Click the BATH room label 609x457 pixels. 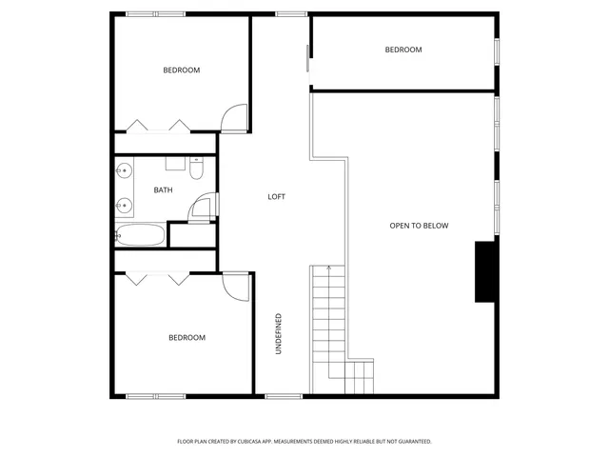(x=164, y=190)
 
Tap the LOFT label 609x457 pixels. (x=276, y=197)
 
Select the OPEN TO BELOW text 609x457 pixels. (x=419, y=226)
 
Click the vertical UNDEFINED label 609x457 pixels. (x=279, y=334)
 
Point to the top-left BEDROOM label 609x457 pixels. (x=181, y=70)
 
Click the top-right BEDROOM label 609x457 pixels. (x=403, y=50)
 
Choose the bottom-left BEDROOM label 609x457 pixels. (x=187, y=337)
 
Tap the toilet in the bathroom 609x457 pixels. (x=196, y=169)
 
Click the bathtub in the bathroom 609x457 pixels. (x=140, y=235)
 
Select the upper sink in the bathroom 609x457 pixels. (x=124, y=171)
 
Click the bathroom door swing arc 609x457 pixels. (x=201, y=209)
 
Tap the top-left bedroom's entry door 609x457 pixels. (x=233, y=118)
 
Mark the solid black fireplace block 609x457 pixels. (x=485, y=271)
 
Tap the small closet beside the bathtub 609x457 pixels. (x=191, y=235)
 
